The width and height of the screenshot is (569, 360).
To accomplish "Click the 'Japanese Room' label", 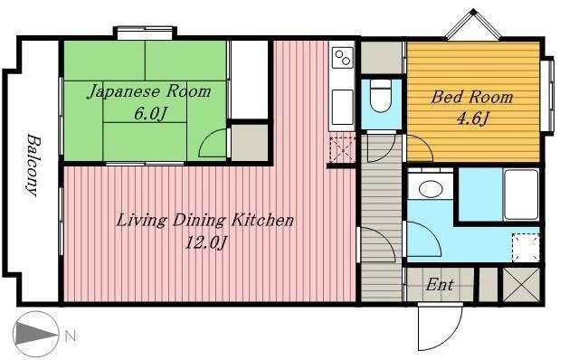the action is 149,91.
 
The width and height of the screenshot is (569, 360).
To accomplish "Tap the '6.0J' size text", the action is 150,114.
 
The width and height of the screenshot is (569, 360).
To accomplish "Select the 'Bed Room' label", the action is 472,97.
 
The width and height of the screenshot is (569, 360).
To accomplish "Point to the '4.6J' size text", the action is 472,118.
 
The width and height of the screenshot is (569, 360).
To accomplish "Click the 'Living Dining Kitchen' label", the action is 204,221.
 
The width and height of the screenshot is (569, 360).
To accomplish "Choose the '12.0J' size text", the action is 205,242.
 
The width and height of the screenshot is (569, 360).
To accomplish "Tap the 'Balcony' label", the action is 33,166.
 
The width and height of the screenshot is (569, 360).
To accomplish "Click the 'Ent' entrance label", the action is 440,285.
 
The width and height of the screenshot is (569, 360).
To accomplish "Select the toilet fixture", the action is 381,96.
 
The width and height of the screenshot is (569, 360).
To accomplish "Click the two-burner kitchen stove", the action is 343,58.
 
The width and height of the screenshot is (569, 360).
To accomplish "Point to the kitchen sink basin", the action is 343,107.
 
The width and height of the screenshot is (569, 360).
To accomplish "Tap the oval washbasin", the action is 431,189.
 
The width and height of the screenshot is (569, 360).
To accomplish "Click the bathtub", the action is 521,194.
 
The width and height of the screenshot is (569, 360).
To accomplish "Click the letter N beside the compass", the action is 71,336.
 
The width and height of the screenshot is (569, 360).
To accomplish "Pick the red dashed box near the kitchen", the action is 342,148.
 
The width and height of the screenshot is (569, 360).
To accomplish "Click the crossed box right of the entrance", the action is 521,285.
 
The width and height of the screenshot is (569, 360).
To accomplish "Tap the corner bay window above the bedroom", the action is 473,24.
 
